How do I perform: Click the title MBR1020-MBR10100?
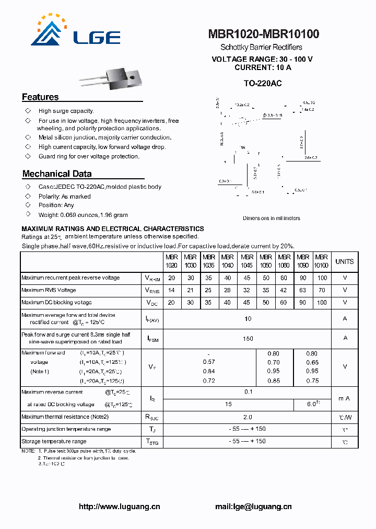(x=264, y=34)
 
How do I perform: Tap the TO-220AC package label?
(x=263, y=83)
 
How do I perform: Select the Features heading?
(x=40, y=97)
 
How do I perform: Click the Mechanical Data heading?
(x=57, y=174)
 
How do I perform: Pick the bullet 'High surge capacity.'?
(x=66, y=111)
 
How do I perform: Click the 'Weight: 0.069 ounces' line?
(x=83, y=215)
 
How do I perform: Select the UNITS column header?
(x=344, y=261)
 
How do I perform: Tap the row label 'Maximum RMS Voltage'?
(x=49, y=290)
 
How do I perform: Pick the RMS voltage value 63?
(x=303, y=290)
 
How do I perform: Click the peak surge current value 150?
(x=248, y=339)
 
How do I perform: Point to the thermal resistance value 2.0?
(x=248, y=417)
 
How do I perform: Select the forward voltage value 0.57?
(x=209, y=362)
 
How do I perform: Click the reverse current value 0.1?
(x=248, y=392)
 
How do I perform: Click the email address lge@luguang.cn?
(x=253, y=507)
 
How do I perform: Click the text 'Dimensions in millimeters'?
(x=272, y=218)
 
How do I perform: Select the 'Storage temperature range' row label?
(x=54, y=442)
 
